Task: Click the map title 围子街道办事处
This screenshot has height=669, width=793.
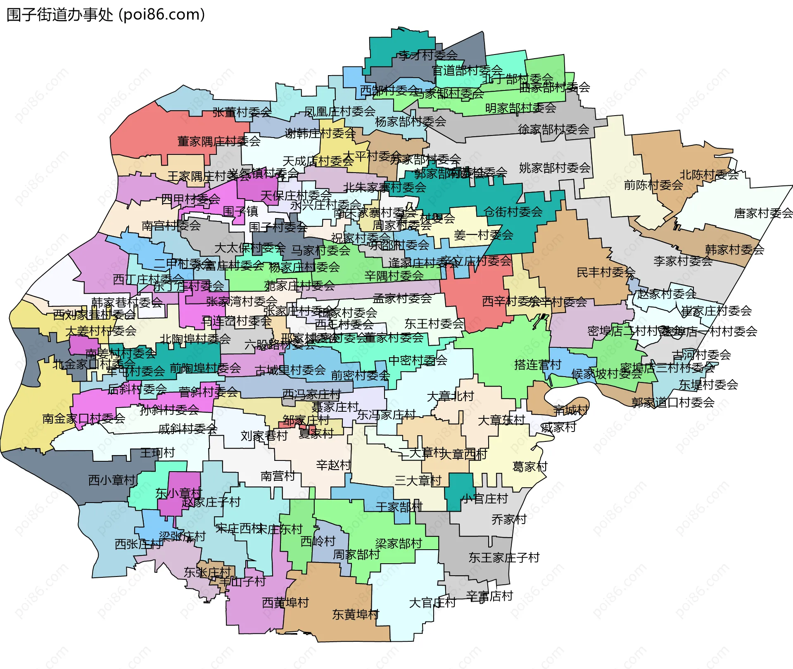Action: click(60, 15)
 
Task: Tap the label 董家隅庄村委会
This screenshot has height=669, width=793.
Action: click(219, 141)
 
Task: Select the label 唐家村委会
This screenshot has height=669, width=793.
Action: click(763, 214)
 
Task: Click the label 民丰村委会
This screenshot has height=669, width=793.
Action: click(605, 272)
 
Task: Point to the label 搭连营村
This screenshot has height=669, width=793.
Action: click(537, 365)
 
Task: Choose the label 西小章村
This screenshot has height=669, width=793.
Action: click(112, 480)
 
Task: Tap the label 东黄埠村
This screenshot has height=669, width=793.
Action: click(356, 614)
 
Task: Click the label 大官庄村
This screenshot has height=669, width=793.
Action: click(432, 603)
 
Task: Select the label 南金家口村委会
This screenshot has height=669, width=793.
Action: click(83, 419)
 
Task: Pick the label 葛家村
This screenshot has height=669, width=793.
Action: click(529, 467)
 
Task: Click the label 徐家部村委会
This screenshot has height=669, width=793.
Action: click(553, 130)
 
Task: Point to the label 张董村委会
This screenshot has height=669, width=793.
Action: click(242, 112)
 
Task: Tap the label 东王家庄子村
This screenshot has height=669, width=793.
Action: click(504, 557)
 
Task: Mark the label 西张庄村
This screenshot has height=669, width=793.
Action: click(138, 544)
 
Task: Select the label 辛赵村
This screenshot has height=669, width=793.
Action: click(333, 465)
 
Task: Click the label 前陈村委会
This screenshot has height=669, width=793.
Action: click(653, 185)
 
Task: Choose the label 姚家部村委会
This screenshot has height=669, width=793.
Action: click(554, 168)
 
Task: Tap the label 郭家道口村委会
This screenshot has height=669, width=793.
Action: click(673, 402)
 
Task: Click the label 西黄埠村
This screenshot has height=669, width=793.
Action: click(285, 603)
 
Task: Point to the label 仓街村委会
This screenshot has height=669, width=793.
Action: click(513, 212)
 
